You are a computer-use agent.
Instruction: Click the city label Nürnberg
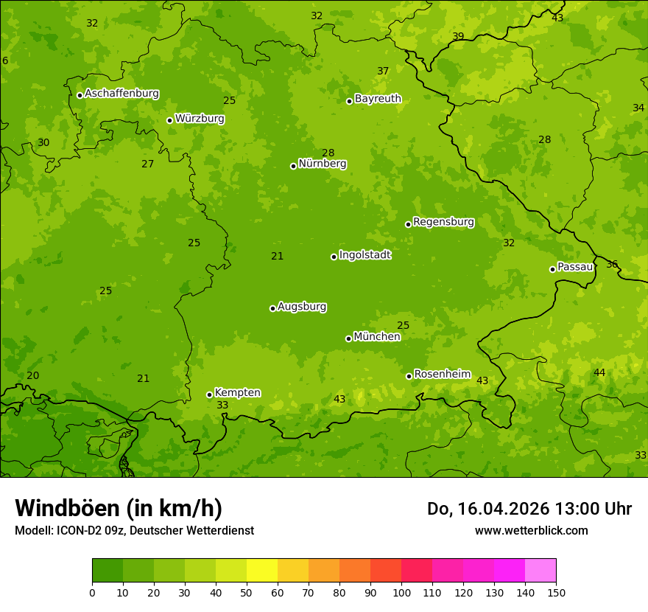322,164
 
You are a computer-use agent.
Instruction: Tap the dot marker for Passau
552,269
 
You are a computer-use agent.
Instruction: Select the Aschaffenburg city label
121,94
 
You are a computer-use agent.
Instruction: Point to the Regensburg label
443,222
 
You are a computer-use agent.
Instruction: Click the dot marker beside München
348,338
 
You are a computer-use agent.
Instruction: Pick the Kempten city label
237,393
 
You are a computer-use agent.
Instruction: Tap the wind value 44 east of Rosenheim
599,372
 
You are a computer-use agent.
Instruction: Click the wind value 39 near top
458,36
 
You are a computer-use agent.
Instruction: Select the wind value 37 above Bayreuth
383,71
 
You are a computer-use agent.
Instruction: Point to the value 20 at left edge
33,375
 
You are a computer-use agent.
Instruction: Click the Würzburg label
200,119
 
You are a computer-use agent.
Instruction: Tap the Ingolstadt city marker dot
334,257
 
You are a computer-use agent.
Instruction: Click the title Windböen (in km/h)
119,508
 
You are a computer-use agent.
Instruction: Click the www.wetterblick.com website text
531,530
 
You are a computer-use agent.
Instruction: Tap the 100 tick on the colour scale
401,592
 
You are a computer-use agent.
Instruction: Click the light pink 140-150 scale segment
540,571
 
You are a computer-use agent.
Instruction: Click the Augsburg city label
302,307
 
